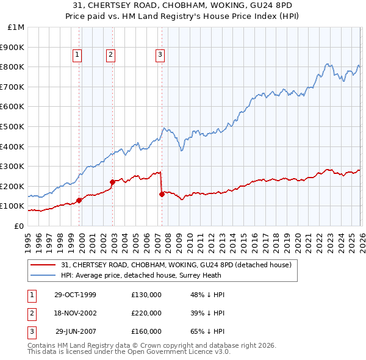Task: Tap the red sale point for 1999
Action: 79,200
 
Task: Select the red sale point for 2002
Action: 112,182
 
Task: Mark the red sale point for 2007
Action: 162,194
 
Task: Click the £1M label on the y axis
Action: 16,27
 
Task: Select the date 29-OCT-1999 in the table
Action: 75,295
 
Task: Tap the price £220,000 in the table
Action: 146,313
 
